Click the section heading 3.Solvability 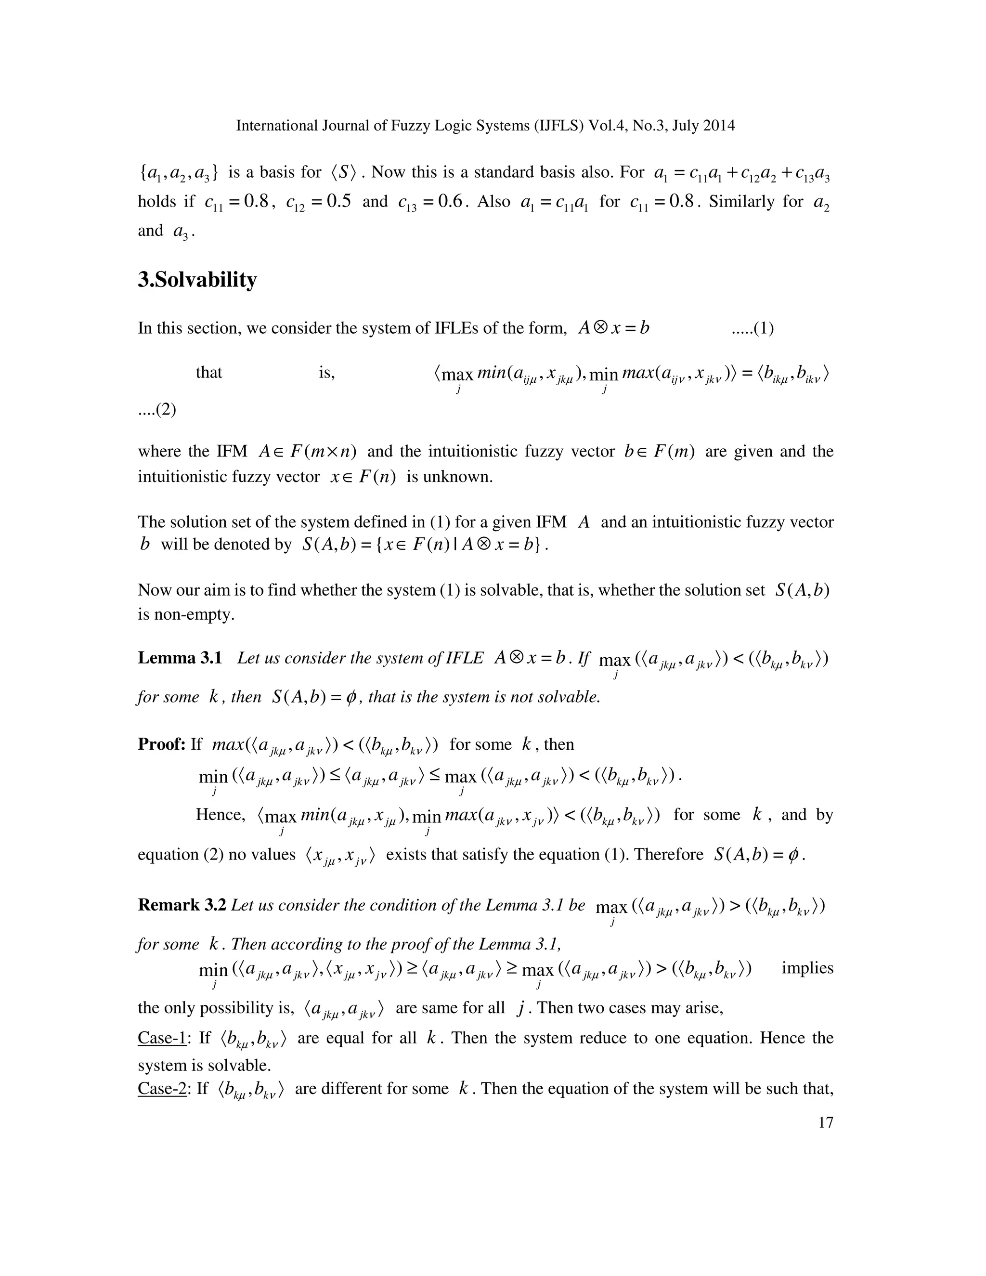(197, 280)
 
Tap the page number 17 (825, 1122)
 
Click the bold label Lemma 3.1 (179, 658)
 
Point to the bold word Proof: (161, 744)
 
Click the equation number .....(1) (752, 328)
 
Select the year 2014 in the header (717, 126)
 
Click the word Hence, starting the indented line (220, 814)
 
